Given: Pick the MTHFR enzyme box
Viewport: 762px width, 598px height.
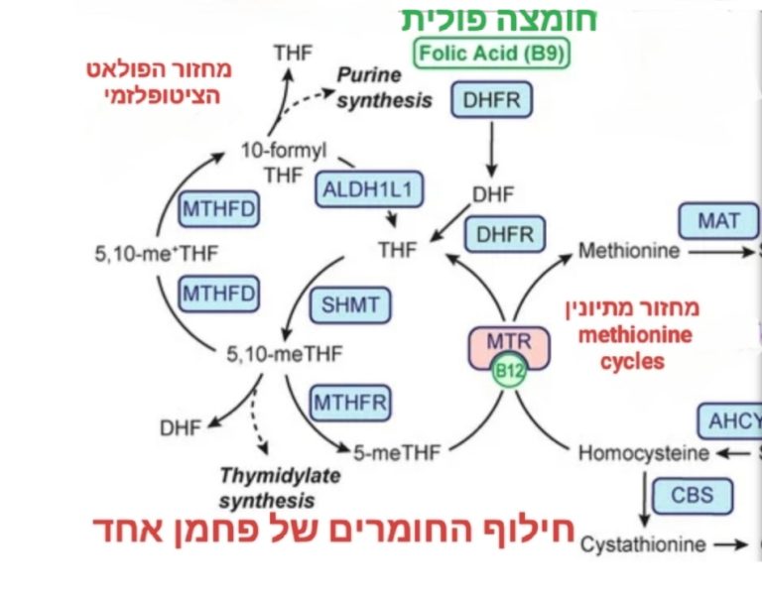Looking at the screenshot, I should [x=350, y=402].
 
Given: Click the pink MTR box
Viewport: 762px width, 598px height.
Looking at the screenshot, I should [x=507, y=343].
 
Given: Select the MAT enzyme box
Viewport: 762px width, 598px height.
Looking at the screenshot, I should [x=718, y=220].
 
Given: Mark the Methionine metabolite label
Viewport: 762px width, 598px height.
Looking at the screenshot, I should [x=628, y=251].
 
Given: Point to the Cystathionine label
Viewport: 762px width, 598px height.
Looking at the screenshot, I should [x=643, y=544].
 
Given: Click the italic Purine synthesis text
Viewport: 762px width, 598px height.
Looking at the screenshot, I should [x=383, y=87].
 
